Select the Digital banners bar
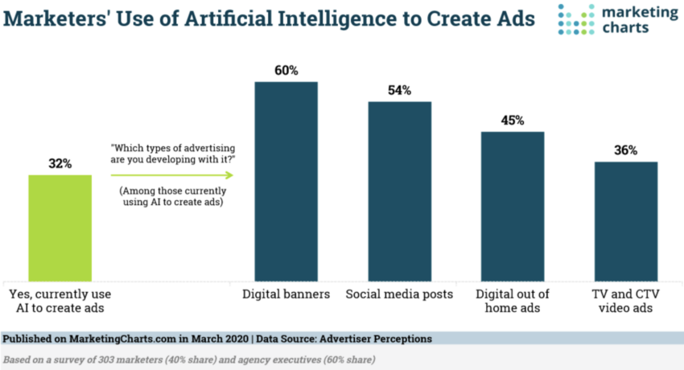(286, 181)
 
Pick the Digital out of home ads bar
(513, 206)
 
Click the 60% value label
(286, 71)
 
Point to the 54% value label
(400, 90)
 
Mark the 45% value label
(513, 121)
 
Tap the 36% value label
(626, 150)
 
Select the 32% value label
(60, 163)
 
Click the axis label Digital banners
(286, 294)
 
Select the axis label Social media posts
(400, 294)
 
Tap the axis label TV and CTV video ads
(626, 302)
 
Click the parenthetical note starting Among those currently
(171, 197)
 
